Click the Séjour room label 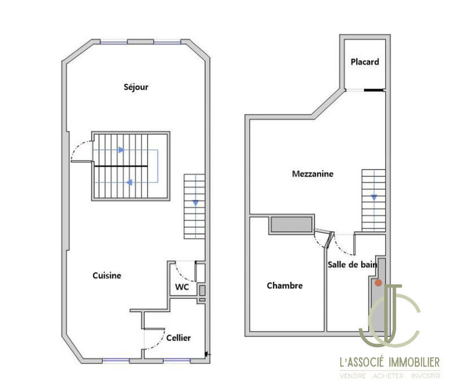click(136, 87)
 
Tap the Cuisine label click(107, 275)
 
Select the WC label click(181, 287)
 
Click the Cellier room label click(178, 338)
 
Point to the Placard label click(364, 62)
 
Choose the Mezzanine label click(312, 174)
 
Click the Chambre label click(284, 286)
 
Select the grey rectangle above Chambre click(292, 224)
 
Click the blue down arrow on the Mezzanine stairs click(373, 197)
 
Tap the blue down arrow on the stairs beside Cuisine click(195, 202)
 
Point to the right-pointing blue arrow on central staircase click(120, 150)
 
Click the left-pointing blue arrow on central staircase click(129, 182)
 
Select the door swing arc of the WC click(183, 268)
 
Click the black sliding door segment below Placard click(373, 90)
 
